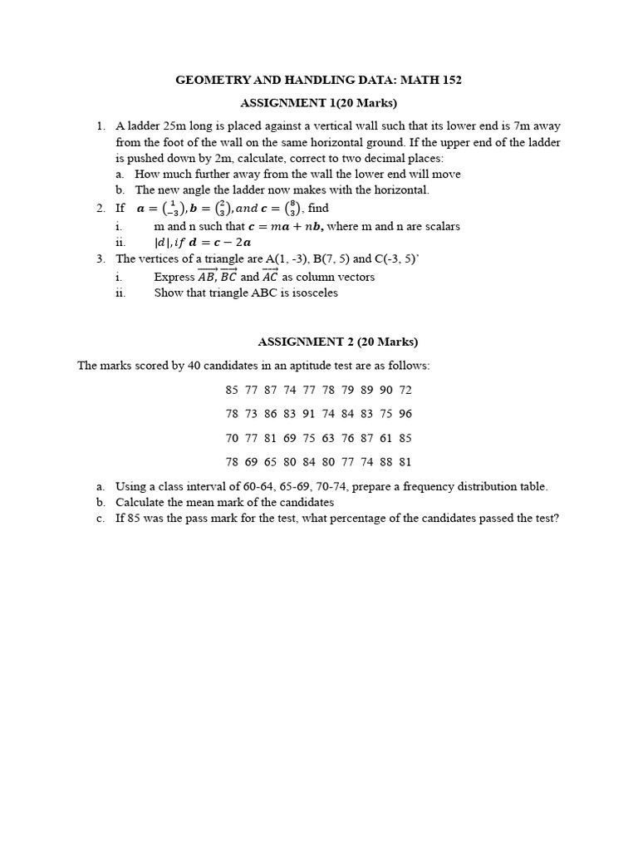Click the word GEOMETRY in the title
211,80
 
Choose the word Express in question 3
174,277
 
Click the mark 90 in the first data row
386,390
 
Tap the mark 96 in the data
405,414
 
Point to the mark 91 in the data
308,414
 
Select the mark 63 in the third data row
328,438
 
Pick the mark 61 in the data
386,438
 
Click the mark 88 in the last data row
386,462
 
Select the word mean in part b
194,502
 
